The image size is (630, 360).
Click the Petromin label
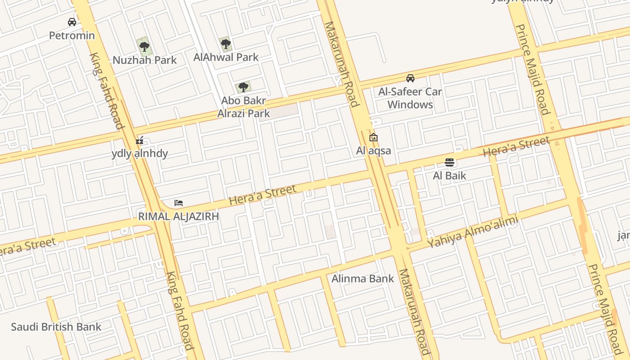point(72,36)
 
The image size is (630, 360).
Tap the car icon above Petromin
point(72,22)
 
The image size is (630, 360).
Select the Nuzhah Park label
point(144,60)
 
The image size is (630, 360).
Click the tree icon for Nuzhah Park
point(144,45)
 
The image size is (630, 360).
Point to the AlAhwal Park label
point(226,57)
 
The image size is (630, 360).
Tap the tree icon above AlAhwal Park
point(226,44)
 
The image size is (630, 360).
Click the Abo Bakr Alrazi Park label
point(243,107)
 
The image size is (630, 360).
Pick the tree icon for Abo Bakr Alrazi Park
point(243,87)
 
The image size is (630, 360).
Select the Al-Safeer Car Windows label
point(410,98)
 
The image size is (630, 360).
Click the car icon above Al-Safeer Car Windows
point(410,78)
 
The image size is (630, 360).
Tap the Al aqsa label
point(373,151)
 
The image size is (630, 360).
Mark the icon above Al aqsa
point(373,138)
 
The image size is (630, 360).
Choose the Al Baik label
point(449,175)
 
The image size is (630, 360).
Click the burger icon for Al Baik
point(449,162)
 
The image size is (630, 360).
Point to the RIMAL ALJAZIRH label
point(179,216)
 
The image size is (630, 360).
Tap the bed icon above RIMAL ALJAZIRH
point(179,203)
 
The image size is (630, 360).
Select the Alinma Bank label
point(363,279)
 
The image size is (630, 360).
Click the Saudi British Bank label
point(56,327)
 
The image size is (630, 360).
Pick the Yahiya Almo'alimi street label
point(472,232)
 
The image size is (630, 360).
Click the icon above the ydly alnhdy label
point(139,140)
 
